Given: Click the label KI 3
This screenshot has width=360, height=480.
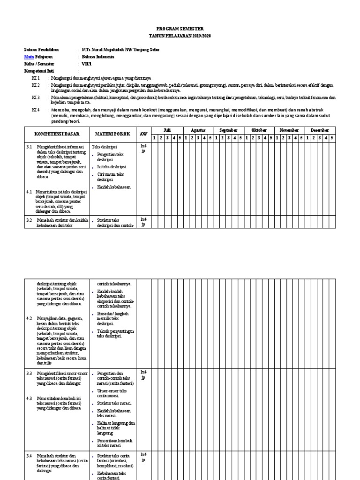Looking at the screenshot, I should click(x=36, y=97).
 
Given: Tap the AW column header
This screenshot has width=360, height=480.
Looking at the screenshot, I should click(x=143, y=134).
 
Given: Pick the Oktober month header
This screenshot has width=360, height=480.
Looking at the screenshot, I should click(x=259, y=130).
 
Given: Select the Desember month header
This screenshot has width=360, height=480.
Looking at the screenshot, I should click(x=320, y=130).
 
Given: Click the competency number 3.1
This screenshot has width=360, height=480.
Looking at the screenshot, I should click(x=29, y=147).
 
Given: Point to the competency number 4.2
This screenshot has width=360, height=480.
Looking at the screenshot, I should click(x=29, y=318).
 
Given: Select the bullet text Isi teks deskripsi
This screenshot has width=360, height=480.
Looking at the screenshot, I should click(x=111, y=167).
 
